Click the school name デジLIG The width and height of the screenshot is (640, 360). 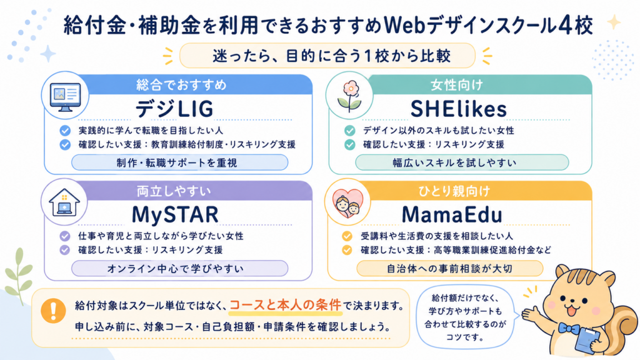(174, 109)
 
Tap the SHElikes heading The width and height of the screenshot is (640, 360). (458, 109)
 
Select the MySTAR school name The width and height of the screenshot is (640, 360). (175, 215)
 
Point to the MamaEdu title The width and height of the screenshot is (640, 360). (452, 215)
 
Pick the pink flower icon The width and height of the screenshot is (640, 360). (350, 96)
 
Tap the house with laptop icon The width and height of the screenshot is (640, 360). (64, 202)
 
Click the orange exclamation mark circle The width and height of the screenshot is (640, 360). (53, 311)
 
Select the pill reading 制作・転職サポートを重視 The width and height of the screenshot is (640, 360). (179, 163)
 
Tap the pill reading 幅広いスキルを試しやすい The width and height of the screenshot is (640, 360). (462, 163)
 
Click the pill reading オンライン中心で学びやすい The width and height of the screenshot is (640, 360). (179, 269)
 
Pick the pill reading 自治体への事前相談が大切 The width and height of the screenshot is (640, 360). (450, 269)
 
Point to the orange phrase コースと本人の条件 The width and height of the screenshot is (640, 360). (285, 305)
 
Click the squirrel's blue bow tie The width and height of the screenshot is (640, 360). (569, 328)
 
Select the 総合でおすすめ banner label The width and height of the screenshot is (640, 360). (181, 85)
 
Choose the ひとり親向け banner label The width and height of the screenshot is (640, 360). (454, 191)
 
